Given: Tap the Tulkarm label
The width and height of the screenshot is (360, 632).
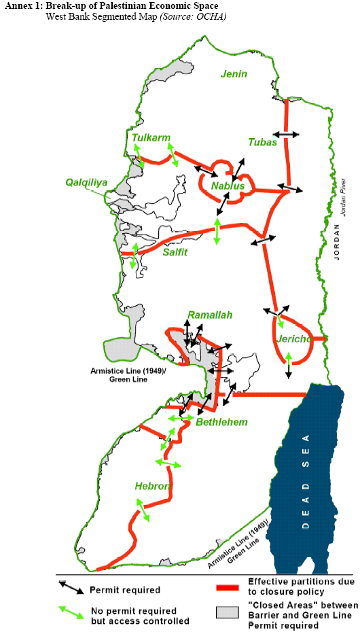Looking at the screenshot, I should tap(151, 138).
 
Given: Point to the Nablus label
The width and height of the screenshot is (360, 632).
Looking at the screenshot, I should tap(227, 186).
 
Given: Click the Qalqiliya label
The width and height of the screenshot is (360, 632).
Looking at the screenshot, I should tap(87, 182).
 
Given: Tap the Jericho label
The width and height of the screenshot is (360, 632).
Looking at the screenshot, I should tap(294, 338).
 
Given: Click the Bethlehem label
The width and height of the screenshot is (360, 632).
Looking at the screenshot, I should tap(221, 422).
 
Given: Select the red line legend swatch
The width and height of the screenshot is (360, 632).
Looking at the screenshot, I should tap(229, 589).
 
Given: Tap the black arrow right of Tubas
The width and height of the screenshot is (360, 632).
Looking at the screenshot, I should tap(286, 135).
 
